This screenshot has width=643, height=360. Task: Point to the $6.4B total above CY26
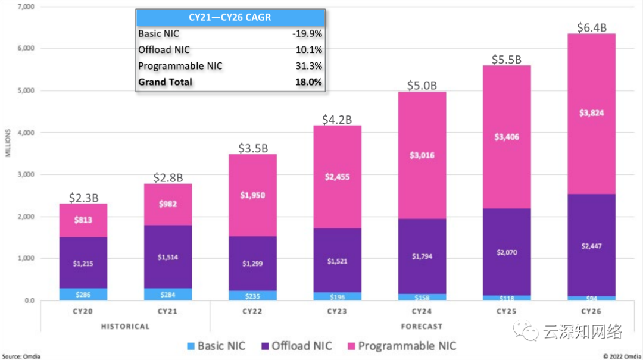tap(593, 27)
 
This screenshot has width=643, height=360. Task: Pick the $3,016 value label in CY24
tap(422, 155)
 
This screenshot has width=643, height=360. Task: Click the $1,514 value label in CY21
tap(167, 257)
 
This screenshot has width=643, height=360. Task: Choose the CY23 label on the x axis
tap(338, 311)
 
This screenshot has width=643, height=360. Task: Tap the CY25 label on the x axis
tap(507, 311)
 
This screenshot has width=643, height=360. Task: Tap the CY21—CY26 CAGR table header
tap(230, 17)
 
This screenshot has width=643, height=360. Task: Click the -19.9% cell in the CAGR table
tap(307, 34)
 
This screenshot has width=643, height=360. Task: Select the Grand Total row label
tap(165, 82)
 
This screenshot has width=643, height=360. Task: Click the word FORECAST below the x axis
tap(422, 326)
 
